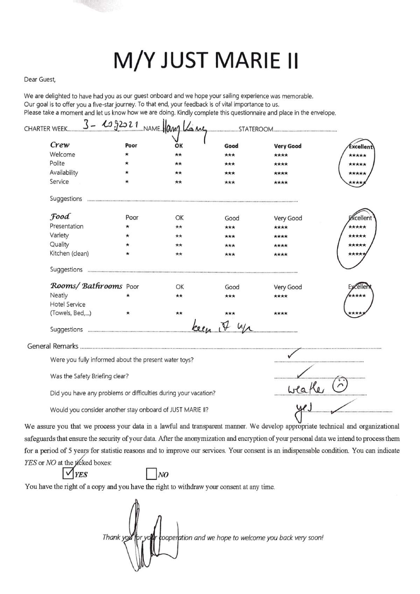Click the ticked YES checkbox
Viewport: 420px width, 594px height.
(x=68, y=474)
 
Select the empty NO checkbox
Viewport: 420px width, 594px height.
(x=151, y=474)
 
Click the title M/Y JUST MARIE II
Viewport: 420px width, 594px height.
(x=206, y=61)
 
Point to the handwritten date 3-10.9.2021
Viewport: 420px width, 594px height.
(x=111, y=125)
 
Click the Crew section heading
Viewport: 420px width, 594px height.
(x=60, y=145)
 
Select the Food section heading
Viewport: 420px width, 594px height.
(x=60, y=216)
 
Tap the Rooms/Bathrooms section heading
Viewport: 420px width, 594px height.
(x=86, y=286)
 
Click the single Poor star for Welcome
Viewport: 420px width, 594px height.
(x=127, y=154)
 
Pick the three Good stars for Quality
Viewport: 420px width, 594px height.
(x=230, y=245)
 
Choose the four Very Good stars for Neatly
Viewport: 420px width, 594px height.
(x=281, y=296)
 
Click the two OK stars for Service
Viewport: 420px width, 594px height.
(x=178, y=182)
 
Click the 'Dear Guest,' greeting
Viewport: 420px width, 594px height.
(x=40, y=80)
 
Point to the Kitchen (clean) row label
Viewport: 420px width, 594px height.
(x=69, y=254)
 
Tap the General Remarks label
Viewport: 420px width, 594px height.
(x=53, y=346)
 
